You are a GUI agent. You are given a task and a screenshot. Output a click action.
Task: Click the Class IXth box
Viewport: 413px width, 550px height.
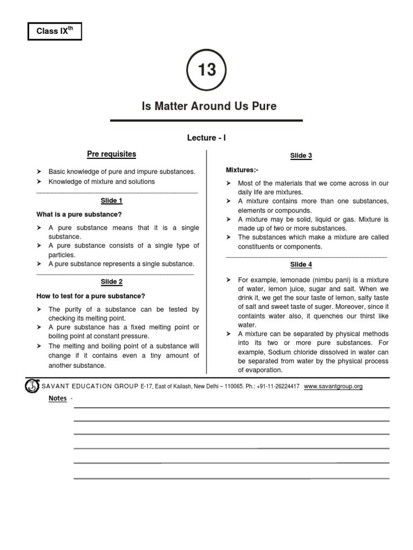(54, 32)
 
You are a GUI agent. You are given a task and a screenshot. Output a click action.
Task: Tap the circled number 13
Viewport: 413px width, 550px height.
(206, 70)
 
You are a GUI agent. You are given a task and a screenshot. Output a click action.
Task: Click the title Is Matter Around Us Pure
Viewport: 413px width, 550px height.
(209, 106)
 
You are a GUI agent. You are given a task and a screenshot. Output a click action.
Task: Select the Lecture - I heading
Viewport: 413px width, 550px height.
(206, 138)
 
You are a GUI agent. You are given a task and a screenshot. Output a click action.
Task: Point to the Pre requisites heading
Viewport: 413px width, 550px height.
(111, 154)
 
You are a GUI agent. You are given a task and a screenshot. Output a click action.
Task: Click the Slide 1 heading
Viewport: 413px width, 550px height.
(112, 201)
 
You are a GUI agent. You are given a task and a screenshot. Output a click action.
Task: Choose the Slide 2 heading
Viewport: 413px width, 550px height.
(112, 282)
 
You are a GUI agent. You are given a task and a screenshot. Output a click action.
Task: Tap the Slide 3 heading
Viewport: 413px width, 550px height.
(301, 156)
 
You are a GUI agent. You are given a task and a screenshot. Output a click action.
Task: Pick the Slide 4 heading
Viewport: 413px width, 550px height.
(301, 265)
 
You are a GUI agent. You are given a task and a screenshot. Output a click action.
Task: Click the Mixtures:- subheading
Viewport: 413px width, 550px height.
(241, 170)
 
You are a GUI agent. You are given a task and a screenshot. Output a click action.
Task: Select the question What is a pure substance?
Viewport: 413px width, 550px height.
(79, 214)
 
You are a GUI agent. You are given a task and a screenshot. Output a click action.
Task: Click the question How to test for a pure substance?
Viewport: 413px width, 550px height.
(90, 296)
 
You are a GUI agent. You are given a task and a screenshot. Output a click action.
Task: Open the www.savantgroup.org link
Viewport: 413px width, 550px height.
(333, 386)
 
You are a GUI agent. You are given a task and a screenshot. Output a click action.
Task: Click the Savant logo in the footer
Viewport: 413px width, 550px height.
(32, 386)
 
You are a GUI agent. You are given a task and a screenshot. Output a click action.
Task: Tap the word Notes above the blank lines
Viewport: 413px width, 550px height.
(58, 398)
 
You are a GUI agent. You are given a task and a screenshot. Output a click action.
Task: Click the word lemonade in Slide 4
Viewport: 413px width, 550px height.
(294, 280)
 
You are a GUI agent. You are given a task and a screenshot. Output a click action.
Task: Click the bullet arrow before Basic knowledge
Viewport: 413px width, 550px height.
(39, 172)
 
